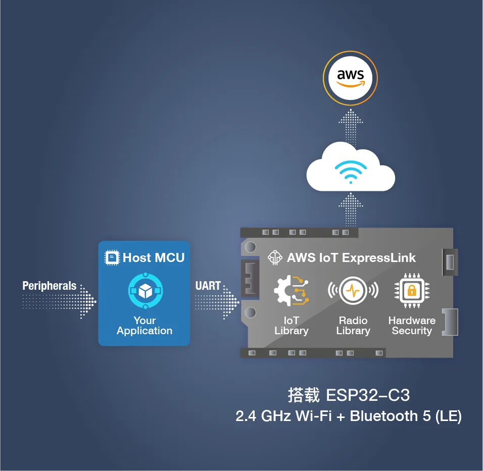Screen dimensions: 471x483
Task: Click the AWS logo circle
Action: [x=350, y=79]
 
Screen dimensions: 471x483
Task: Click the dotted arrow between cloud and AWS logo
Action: [x=350, y=127]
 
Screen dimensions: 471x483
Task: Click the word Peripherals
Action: [x=49, y=286]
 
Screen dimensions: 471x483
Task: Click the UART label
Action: [x=208, y=286]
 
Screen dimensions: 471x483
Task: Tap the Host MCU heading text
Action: [x=154, y=257]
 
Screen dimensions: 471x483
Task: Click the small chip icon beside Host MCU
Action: [x=112, y=257]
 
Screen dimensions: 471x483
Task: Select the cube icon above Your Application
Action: [x=145, y=291]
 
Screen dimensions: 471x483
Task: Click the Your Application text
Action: [x=144, y=326]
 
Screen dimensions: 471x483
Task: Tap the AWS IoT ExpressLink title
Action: [x=351, y=257]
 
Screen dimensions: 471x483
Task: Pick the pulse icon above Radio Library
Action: [x=353, y=291]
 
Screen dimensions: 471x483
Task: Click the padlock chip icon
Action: [x=412, y=290]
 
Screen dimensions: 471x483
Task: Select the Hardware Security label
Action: [x=412, y=326]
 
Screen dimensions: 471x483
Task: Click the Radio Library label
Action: [x=353, y=326]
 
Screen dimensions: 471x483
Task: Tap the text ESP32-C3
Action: [x=368, y=395]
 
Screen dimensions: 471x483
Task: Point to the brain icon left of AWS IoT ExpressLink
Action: [x=275, y=257]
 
